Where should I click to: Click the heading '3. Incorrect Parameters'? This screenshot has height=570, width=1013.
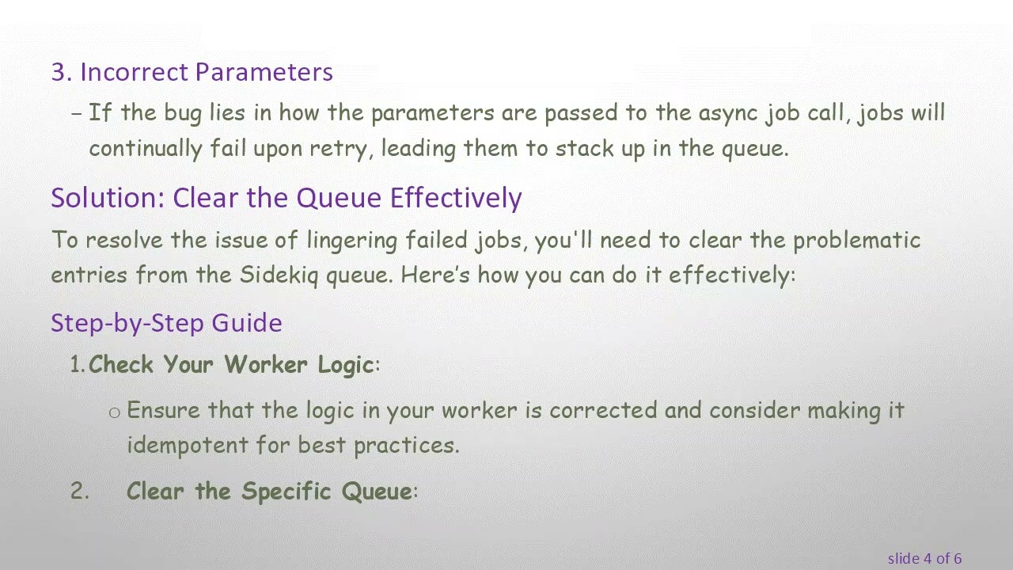192,72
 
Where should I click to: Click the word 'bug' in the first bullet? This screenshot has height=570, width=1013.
183,113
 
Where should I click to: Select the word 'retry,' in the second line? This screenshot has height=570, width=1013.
341,148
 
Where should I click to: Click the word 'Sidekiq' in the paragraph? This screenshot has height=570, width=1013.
279,275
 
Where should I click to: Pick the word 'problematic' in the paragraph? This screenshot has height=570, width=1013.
856,240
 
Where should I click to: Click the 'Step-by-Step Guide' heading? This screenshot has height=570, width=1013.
166,323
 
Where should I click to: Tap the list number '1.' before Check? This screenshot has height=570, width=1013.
78,365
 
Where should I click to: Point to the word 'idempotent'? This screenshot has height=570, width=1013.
188,445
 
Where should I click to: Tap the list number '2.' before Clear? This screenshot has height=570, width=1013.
80,492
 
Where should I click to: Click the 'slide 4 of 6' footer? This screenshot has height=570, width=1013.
924,559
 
